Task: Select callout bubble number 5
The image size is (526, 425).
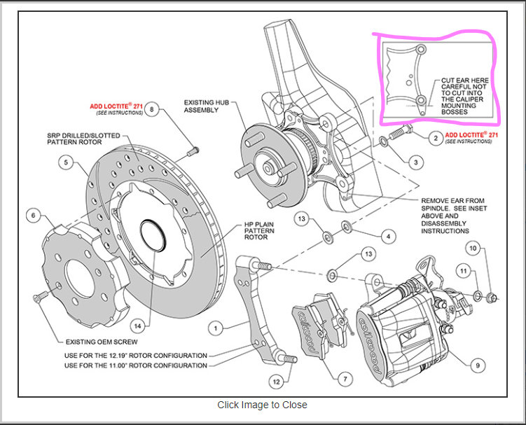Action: pos(64,162)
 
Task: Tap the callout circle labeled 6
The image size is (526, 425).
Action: pos(33,216)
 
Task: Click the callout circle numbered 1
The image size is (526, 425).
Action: pos(216,326)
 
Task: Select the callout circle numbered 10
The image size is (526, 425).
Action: pos(473,249)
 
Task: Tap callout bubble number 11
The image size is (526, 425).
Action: pos(462,270)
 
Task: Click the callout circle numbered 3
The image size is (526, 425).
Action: pos(415,162)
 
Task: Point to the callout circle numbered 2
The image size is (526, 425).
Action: pos(436,138)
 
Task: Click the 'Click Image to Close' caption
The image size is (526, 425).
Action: pos(262,405)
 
